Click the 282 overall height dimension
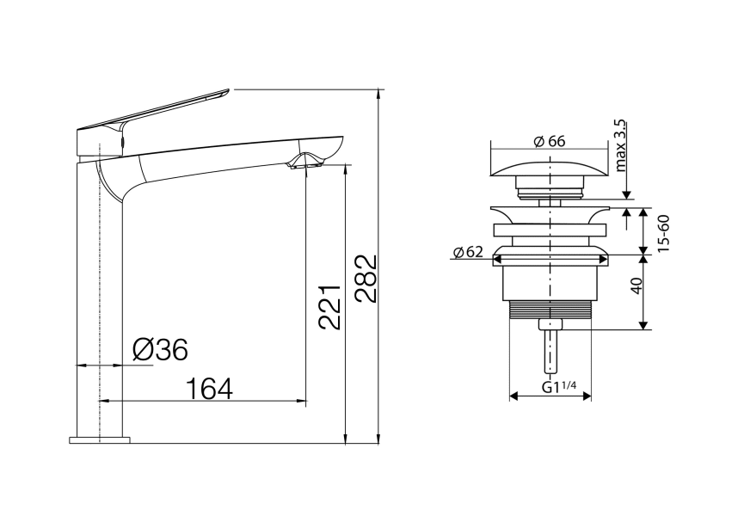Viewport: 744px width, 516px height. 366,279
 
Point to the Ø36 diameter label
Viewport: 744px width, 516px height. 160,349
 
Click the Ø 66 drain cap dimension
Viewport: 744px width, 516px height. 549,142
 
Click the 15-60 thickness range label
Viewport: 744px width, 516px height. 664,230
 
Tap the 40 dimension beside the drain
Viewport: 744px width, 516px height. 637,286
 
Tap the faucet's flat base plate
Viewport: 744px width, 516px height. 99,439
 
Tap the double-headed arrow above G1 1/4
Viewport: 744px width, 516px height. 550,396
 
